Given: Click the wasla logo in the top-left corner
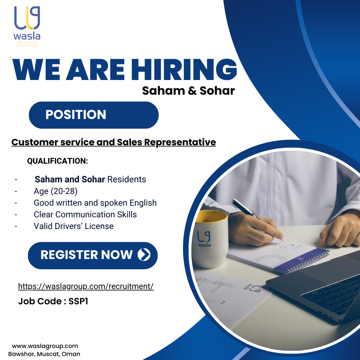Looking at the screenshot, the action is (27, 26).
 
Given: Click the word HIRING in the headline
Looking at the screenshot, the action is (184, 69).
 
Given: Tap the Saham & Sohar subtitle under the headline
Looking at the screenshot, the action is (188, 91).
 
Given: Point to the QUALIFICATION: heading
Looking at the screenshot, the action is (57, 161).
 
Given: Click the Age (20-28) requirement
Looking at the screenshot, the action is (56, 191).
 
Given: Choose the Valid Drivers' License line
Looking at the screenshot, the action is (74, 226).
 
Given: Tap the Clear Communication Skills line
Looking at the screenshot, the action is (85, 214).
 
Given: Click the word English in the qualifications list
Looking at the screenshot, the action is (143, 203).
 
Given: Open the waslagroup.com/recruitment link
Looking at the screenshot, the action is (86, 286).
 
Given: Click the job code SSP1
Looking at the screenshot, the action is (78, 301).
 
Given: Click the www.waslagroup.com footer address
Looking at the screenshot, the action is (45, 346).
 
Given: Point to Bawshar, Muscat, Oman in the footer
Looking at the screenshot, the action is (44, 354).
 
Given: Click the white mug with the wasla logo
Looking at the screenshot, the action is (210, 239).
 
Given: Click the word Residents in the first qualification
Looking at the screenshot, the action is (127, 179).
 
